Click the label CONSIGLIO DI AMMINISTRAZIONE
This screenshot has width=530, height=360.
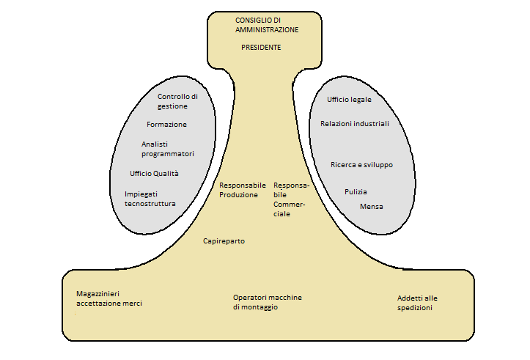coord(267,25)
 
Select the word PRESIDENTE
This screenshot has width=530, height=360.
coord(261,48)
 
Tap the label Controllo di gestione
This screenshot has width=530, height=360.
coord(177,101)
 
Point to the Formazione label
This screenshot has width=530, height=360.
coord(166,125)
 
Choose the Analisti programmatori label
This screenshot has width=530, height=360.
coord(168,149)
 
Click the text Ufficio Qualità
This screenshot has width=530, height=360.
coord(154,174)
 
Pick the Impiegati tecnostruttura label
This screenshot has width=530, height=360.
coord(150,199)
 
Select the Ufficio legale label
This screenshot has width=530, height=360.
coord(349,100)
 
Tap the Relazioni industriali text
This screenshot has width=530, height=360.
coord(355,124)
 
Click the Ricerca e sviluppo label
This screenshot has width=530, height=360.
coord(361,165)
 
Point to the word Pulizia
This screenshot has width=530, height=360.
coord(356,191)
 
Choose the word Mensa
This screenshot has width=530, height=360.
coord(372,207)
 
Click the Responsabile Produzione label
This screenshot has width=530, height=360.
coord(243,190)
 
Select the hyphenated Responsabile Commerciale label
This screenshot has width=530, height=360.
coord(291,199)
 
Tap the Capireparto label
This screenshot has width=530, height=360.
coord(224,241)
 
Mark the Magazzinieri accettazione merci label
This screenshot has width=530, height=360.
coord(109,298)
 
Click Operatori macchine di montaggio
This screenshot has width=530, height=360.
coord(268,302)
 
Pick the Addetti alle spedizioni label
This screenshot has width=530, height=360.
coord(417,303)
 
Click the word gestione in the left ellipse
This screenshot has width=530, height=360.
coord(172,106)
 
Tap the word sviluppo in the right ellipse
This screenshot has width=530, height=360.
coord(379,165)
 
